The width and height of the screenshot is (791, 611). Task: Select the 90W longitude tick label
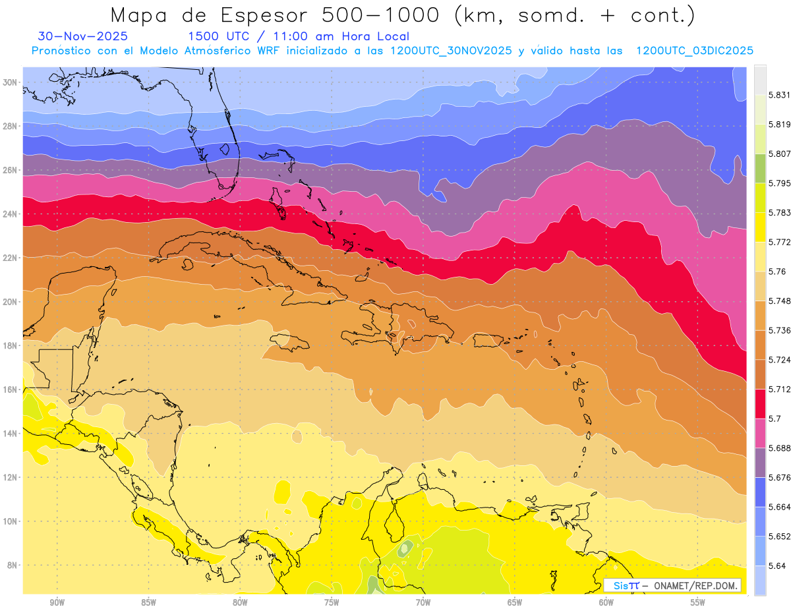click(x=57, y=602)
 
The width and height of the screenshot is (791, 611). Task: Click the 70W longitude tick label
click(x=423, y=602)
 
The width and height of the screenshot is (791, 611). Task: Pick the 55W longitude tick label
click(x=698, y=602)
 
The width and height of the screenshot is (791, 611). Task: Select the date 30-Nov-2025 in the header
click(x=83, y=36)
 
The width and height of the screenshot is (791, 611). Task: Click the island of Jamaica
click(x=290, y=341)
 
